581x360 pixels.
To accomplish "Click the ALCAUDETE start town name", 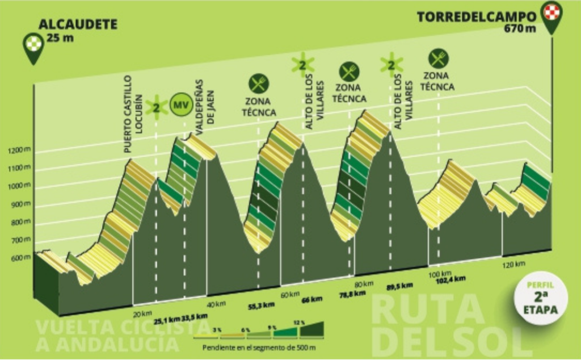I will (x=78, y=24).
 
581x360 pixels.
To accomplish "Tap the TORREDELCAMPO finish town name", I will (x=476, y=16).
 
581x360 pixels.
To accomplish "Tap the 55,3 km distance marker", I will (x=262, y=305).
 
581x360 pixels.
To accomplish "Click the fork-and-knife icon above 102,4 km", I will (x=438, y=58).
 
